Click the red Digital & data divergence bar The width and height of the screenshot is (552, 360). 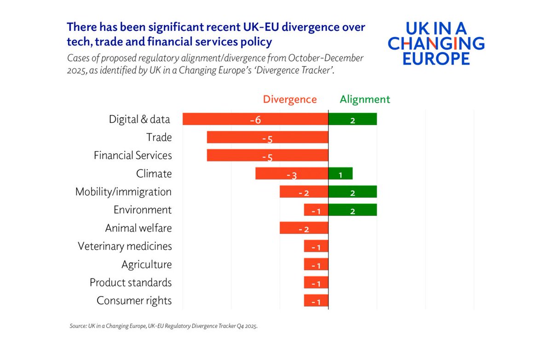tap(255, 119)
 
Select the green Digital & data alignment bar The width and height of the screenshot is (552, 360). tap(352, 119)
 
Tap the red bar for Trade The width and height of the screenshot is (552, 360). tap(267, 137)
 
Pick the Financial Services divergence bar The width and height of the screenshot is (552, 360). tap(267, 156)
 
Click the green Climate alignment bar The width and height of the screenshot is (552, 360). tap(340, 174)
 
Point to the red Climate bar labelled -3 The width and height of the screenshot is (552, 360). tap(292, 174)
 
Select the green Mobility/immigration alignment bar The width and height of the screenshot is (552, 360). tap(352, 192)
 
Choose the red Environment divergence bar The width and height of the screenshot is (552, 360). tap(316, 210)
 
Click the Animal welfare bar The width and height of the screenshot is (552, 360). tap(304, 228)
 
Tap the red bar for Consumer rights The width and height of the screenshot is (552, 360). tap(316, 301)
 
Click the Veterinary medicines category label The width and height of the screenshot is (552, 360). tap(125, 246)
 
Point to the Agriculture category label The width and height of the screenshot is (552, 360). tap(146, 265)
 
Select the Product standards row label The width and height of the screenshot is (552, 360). tap(131, 282)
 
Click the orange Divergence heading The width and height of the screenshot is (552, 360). tap(290, 99)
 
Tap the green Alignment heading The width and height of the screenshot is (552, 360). tap(365, 99)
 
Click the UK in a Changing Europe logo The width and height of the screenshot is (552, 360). tap(436, 44)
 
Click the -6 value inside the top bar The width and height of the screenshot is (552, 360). tap(255, 120)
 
